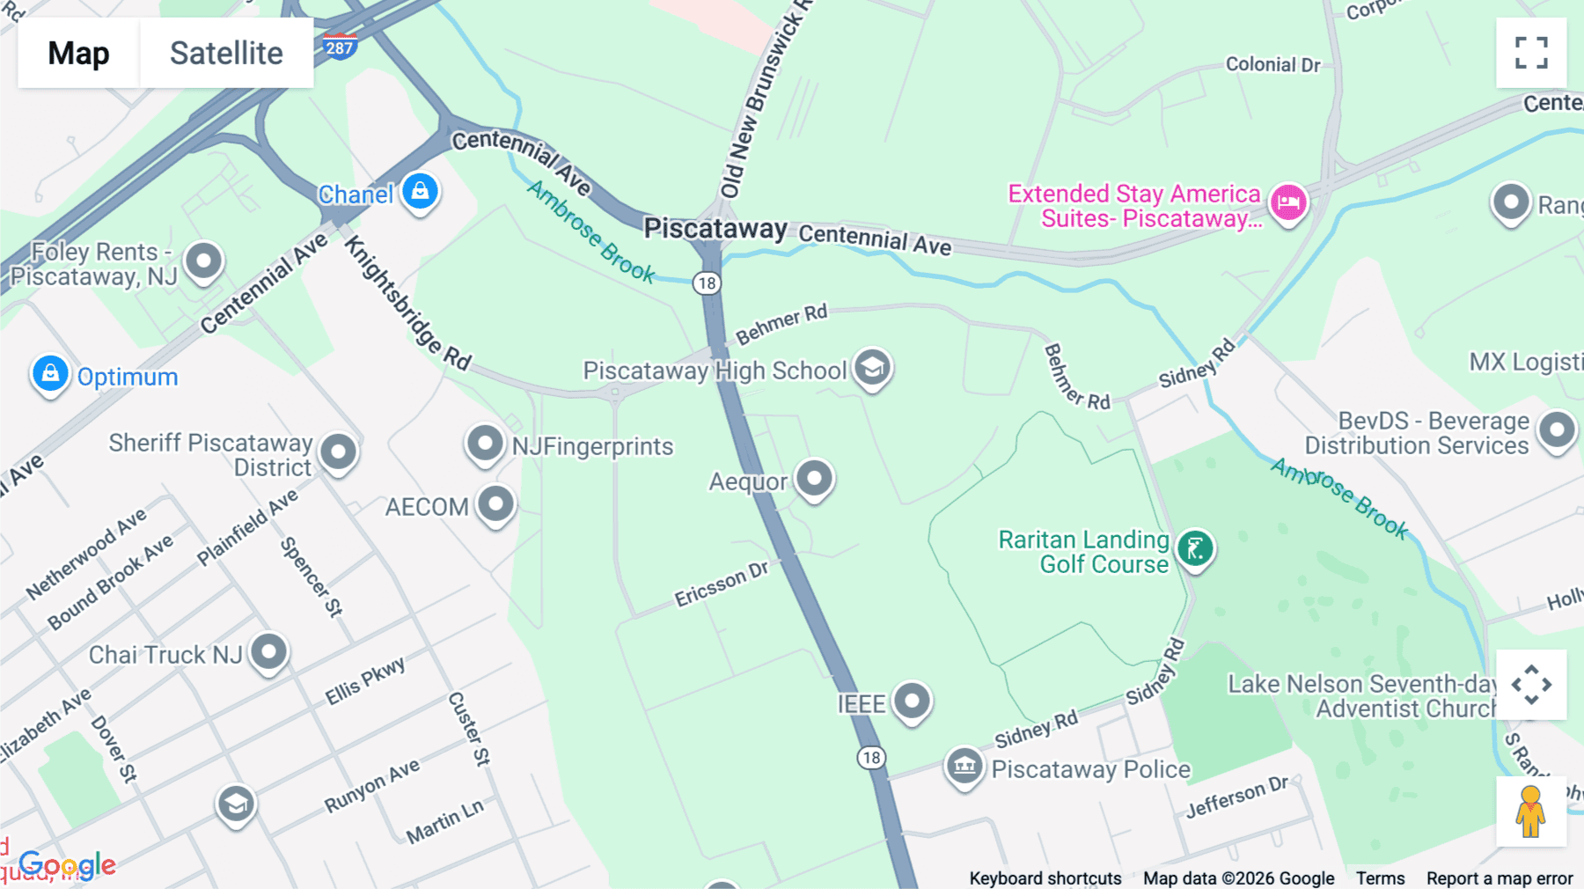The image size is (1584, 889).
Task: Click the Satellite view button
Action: point(226,53)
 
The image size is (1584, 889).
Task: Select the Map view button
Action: point(78,53)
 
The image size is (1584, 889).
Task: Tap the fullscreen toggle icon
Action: point(1531,53)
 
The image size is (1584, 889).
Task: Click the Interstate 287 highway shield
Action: point(339,47)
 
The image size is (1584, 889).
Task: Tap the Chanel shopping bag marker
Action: point(420,191)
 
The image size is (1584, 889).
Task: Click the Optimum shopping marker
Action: point(50,373)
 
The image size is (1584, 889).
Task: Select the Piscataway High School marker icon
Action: point(872,367)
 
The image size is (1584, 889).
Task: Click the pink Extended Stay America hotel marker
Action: point(1288,202)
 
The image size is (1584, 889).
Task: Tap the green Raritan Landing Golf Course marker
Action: point(1195,549)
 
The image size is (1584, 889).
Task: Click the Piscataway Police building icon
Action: point(964,766)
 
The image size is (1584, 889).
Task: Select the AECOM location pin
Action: point(495,504)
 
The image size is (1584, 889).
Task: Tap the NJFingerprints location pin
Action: point(485,443)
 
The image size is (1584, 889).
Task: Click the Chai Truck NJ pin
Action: point(268,652)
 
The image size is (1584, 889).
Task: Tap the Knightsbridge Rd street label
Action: point(407,304)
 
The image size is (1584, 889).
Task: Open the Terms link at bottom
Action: point(1380,878)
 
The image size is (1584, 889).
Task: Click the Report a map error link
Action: point(1499,878)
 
